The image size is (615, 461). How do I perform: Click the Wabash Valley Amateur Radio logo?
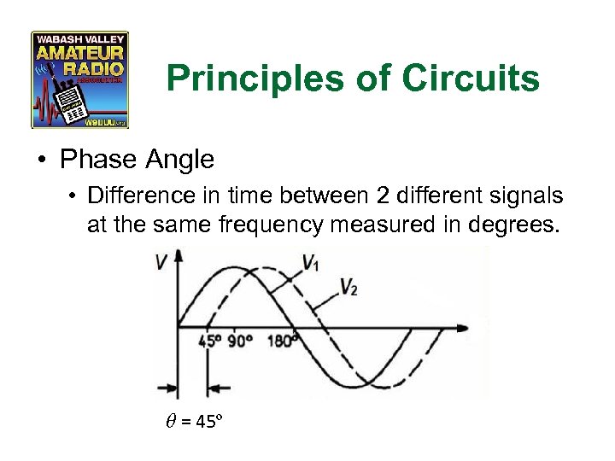(79, 79)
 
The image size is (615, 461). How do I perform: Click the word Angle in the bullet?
(181, 160)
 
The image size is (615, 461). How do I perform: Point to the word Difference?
(136, 195)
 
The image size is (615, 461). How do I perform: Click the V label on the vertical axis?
(161, 263)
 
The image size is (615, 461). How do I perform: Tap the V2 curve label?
(348, 287)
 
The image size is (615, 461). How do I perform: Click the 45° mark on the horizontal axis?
(210, 341)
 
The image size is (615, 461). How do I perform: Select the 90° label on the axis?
(241, 341)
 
